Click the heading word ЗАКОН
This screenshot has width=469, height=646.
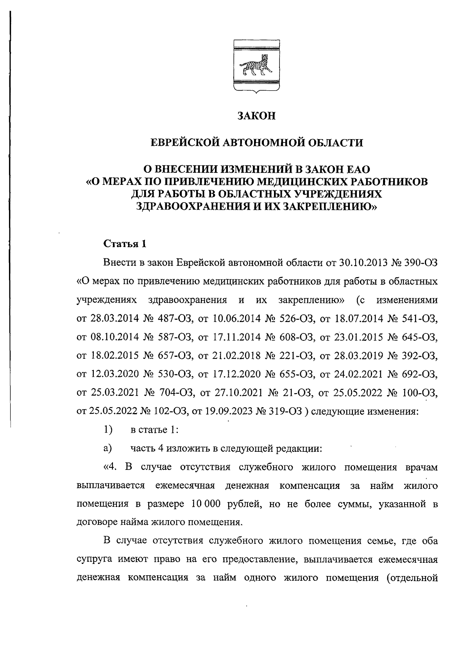(257, 116)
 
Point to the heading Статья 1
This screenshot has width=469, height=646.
(125, 244)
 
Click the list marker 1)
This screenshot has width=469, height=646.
(108, 430)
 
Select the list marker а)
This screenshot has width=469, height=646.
(108, 448)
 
